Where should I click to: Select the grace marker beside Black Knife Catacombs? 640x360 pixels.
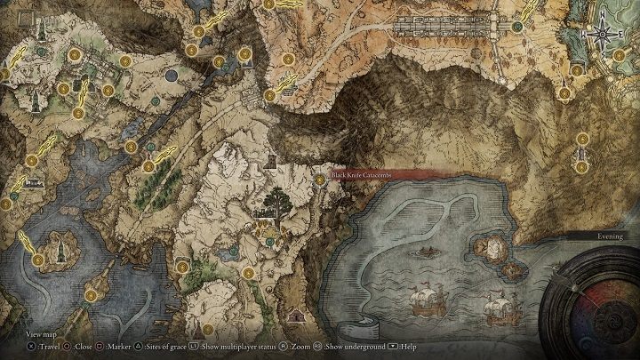[x=320, y=179]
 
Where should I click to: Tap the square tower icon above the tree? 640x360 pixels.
[x=270, y=162]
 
